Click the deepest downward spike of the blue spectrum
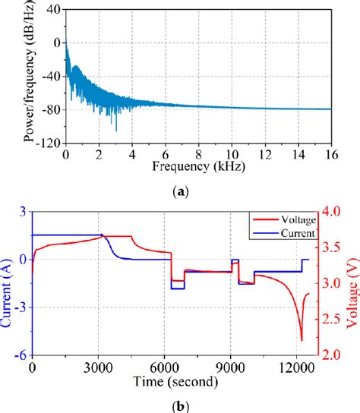tap(116, 131)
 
